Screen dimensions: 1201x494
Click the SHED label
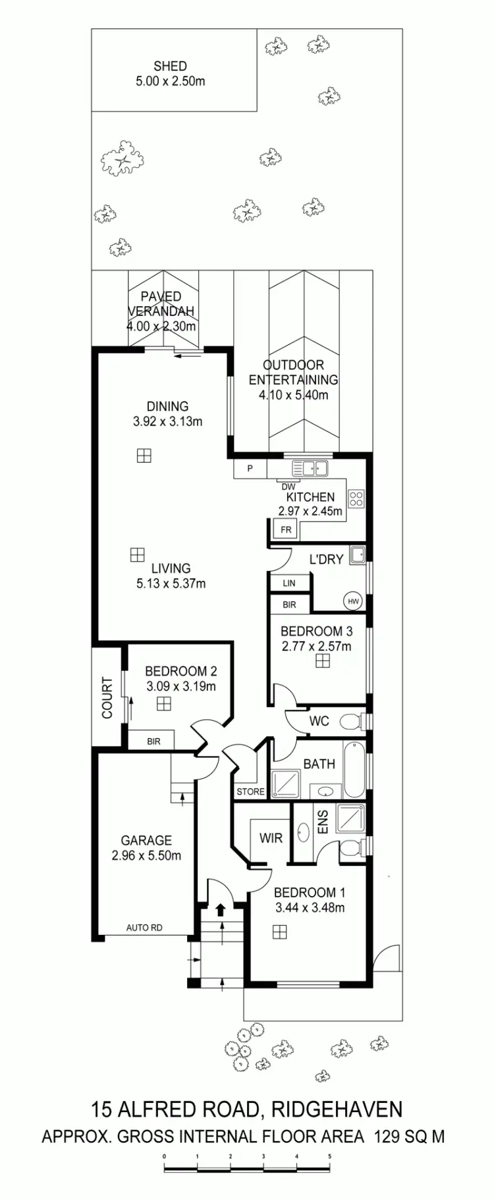pos(170,66)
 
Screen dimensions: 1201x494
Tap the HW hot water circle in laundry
pos(353,601)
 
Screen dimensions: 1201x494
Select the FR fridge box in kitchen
pos(286,529)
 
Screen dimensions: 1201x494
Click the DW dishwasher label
pos(288,487)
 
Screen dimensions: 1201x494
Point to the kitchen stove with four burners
pos(356,498)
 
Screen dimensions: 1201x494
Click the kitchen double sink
pos(310,468)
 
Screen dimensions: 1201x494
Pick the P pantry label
pos(250,469)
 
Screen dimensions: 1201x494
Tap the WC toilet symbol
pos(351,722)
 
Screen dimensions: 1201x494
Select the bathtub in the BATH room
pos(353,769)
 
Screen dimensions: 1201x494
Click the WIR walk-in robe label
pos(271,838)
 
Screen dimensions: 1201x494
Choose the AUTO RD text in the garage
pos(144,928)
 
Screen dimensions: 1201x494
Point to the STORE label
pos(250,791)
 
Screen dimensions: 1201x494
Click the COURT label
pos(107,697)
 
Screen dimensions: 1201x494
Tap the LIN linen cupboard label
pos(289,583)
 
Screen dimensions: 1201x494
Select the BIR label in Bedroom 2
pos(153,741)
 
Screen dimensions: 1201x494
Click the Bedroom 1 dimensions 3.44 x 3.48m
pos(310,908)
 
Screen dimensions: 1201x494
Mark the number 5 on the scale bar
pos(330,1156)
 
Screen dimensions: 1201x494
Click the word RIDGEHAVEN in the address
pos(337,1109)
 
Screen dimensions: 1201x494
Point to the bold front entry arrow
pos(221,910)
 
